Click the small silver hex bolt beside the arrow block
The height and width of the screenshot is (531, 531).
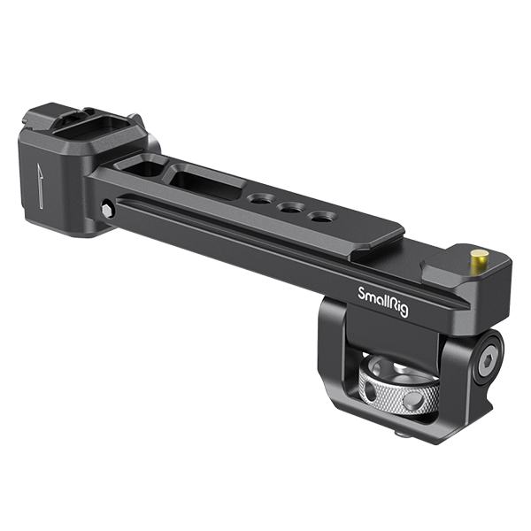108,210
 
